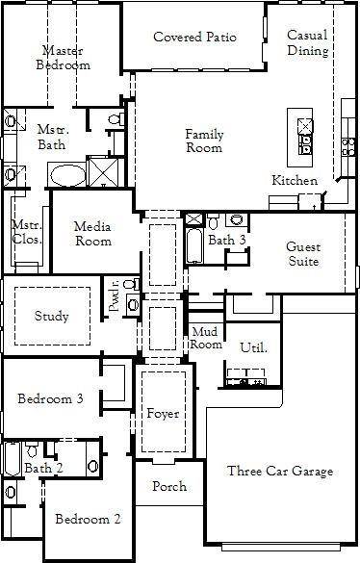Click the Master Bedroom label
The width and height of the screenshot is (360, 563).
pos(65,58)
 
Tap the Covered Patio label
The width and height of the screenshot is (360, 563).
pos(195,38)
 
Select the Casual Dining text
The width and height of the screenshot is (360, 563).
pos(306,42)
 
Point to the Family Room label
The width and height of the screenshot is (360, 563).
pos(204,141)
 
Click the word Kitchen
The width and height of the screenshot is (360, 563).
pos(294,181)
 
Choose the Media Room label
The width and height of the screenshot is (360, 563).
pos(93,233)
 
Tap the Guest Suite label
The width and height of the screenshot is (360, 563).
pos(302,253)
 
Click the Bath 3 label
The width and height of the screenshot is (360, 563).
pos(227,241)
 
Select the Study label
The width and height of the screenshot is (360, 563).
pos(51,316)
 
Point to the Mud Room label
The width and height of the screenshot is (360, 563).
pos(207,338)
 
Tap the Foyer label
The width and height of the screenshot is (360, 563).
pos(163,414)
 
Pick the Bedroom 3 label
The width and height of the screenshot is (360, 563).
pos(49,399)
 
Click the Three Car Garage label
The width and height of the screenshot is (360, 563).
pos(280,471)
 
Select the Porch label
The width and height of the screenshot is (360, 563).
pos(170,486)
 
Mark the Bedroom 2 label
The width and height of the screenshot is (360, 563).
pos(88,520)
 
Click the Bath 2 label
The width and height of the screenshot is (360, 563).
pos(43,468)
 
